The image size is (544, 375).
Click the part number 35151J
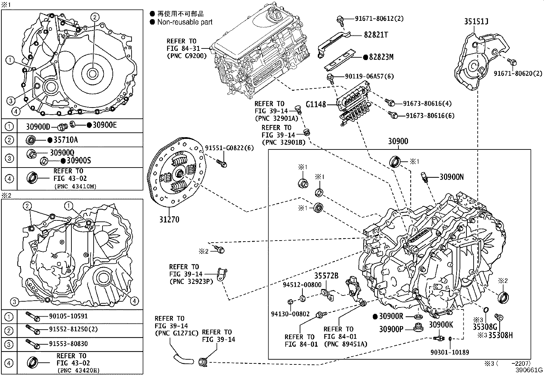[x=476, y=21]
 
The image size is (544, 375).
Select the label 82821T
[x=376, y=35]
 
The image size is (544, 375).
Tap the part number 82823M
[x=381, y=57]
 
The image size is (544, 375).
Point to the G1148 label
[x=315, y=104]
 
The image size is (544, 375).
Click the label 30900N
[x=451, y=177]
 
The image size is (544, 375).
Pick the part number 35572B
[x=326, y=276]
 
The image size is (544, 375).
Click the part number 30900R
[x=391, y=316]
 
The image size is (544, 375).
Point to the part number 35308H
[x=500, y=335]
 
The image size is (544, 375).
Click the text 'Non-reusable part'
[x=185, y=22]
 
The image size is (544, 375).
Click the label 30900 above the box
[x=398, y=141]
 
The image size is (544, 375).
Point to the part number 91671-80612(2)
[x=375, y=18]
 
